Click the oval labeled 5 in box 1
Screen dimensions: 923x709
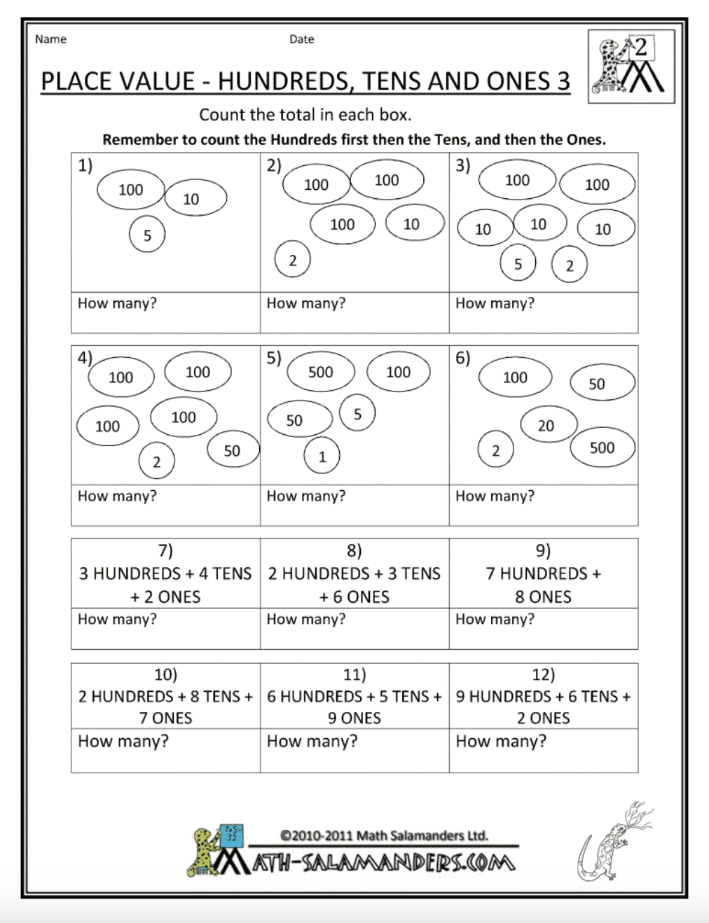[147, 235]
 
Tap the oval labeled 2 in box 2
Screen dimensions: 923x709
[292, 261]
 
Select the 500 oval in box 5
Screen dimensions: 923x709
[320, 372]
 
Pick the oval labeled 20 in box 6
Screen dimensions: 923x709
[546, 425]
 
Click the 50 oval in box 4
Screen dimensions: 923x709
[232, 450]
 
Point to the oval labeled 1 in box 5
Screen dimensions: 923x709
[322, 457]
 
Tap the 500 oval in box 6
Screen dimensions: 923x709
[602, 447]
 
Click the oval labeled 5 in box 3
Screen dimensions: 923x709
[518, 264]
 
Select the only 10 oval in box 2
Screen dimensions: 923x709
[413, 224]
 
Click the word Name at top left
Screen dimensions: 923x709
[50, 39]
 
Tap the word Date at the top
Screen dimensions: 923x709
[301, 39]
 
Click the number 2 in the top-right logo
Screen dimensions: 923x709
[640, 48]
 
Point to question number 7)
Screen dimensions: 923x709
[165, 550]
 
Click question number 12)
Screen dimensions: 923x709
[543, 674]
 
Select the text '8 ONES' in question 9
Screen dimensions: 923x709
[543, 597]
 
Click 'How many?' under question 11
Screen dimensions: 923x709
[312, 741]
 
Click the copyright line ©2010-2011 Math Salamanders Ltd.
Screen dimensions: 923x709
[383, 835]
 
